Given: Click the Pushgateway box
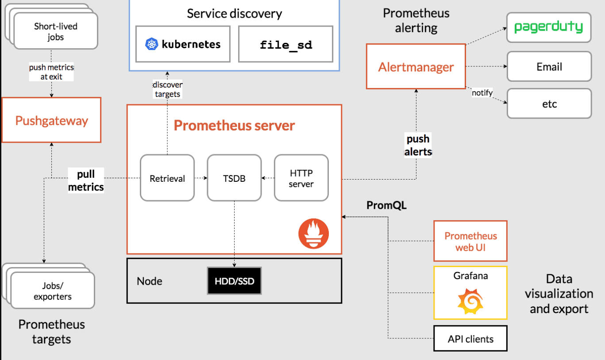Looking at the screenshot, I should (x=51, y=120).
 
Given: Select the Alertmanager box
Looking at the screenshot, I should (x=416, y=67).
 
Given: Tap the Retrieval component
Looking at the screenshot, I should (x=167, y=179).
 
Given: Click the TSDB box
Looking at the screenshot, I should (x=234, y=179).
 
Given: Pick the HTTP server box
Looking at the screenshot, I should (x=301, y=178).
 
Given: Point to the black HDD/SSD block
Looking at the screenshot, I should (x=234, y=281).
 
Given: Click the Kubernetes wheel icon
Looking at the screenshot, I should (x=151, y=44).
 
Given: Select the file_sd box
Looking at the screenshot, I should (x=285, y=44).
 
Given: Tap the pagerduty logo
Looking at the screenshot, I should (x=548, y=27).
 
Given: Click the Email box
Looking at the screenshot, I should (x=549, y=67).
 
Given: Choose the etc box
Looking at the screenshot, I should (x=549, y=104).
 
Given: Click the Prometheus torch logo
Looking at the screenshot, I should (x=313, y=233).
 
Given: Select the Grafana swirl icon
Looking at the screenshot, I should (x=470, y=300).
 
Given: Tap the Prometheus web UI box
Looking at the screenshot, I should (x=470, y=241).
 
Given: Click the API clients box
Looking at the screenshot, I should (x=470, y=339).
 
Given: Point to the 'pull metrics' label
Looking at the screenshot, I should (x=85, y=180).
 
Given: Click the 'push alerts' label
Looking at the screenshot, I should (x=418, y=145).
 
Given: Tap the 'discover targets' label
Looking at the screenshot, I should (x=167, y=89).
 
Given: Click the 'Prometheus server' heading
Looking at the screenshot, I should (x=234, y=125).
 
